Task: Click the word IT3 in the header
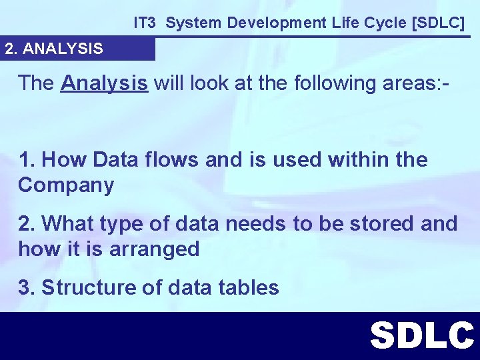144,23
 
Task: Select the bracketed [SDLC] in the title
439,23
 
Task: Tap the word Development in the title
269,23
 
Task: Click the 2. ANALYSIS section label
54,49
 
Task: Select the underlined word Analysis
104,83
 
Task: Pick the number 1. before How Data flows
27,160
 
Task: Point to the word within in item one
355,160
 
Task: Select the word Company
66,185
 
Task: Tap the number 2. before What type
27,223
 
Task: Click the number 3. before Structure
27,287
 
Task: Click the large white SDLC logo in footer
422,335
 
